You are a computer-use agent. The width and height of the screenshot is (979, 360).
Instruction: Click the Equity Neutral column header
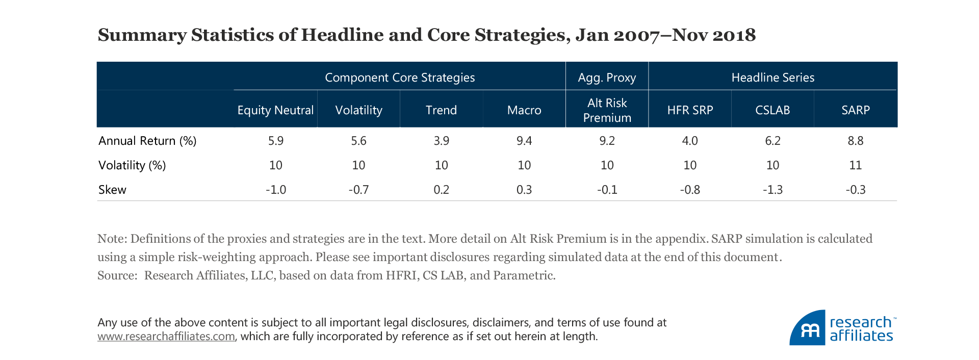pyautogui.click(x=275, y=110)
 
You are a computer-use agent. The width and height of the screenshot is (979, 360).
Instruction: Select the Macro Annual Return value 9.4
pyautogui.click(x=524, y=141)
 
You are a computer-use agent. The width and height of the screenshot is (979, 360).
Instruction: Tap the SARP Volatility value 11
pyautogui.click(x=855, y=165)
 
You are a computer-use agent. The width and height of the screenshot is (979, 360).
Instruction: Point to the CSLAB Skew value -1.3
pyautogui.click(x=772, y=190)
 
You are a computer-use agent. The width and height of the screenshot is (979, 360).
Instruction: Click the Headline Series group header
pyautogui.click(x=772, y=78)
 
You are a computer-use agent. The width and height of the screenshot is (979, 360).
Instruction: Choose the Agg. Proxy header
pyautogui.click(x=607, y=78)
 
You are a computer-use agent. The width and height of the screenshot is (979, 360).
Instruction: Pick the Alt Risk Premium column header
pyautogui.click(x=607, y=110)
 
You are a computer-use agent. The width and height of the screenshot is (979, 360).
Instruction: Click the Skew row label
pyautogui.click(x=112, y=190)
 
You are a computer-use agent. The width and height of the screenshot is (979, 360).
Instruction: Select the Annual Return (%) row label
pyautogui.click(x=147, y=141)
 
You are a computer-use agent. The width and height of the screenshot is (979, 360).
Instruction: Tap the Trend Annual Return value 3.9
pyautogui.click(x=441, y=141)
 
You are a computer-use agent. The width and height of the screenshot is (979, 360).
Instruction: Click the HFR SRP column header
pyautogui.click(x=690, y=110)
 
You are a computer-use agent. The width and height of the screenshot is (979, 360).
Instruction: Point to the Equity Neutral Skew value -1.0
pyautogui.click(x=276, y=190)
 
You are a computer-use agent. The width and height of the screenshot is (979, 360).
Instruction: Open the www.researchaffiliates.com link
pyautogui.click(x=166, y=337)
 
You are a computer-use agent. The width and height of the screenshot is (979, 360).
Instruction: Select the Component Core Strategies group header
pyautogui.click(x=400, y=78)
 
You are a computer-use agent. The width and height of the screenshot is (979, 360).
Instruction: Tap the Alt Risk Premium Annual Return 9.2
pyautogui.click(x=607, y=141)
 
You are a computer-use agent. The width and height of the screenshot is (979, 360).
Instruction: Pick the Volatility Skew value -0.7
pyautogui.click(x=358, y=190)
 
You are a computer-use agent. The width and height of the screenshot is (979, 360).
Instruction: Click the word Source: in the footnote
pyautogui.click(x=117, y=275)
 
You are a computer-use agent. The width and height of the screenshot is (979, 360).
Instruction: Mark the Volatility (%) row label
pyautogui.click(x=132, y=165)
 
